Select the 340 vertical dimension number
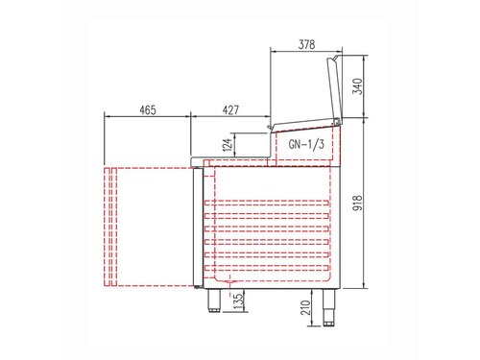click(x=358, y=88)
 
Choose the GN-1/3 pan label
click(x=304, y=145)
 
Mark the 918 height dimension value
click(x=358, y=202)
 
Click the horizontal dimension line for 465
click(x=147, y=119)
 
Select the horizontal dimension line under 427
click(x=230, y=119)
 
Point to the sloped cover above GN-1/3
click(x=304, y=127)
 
